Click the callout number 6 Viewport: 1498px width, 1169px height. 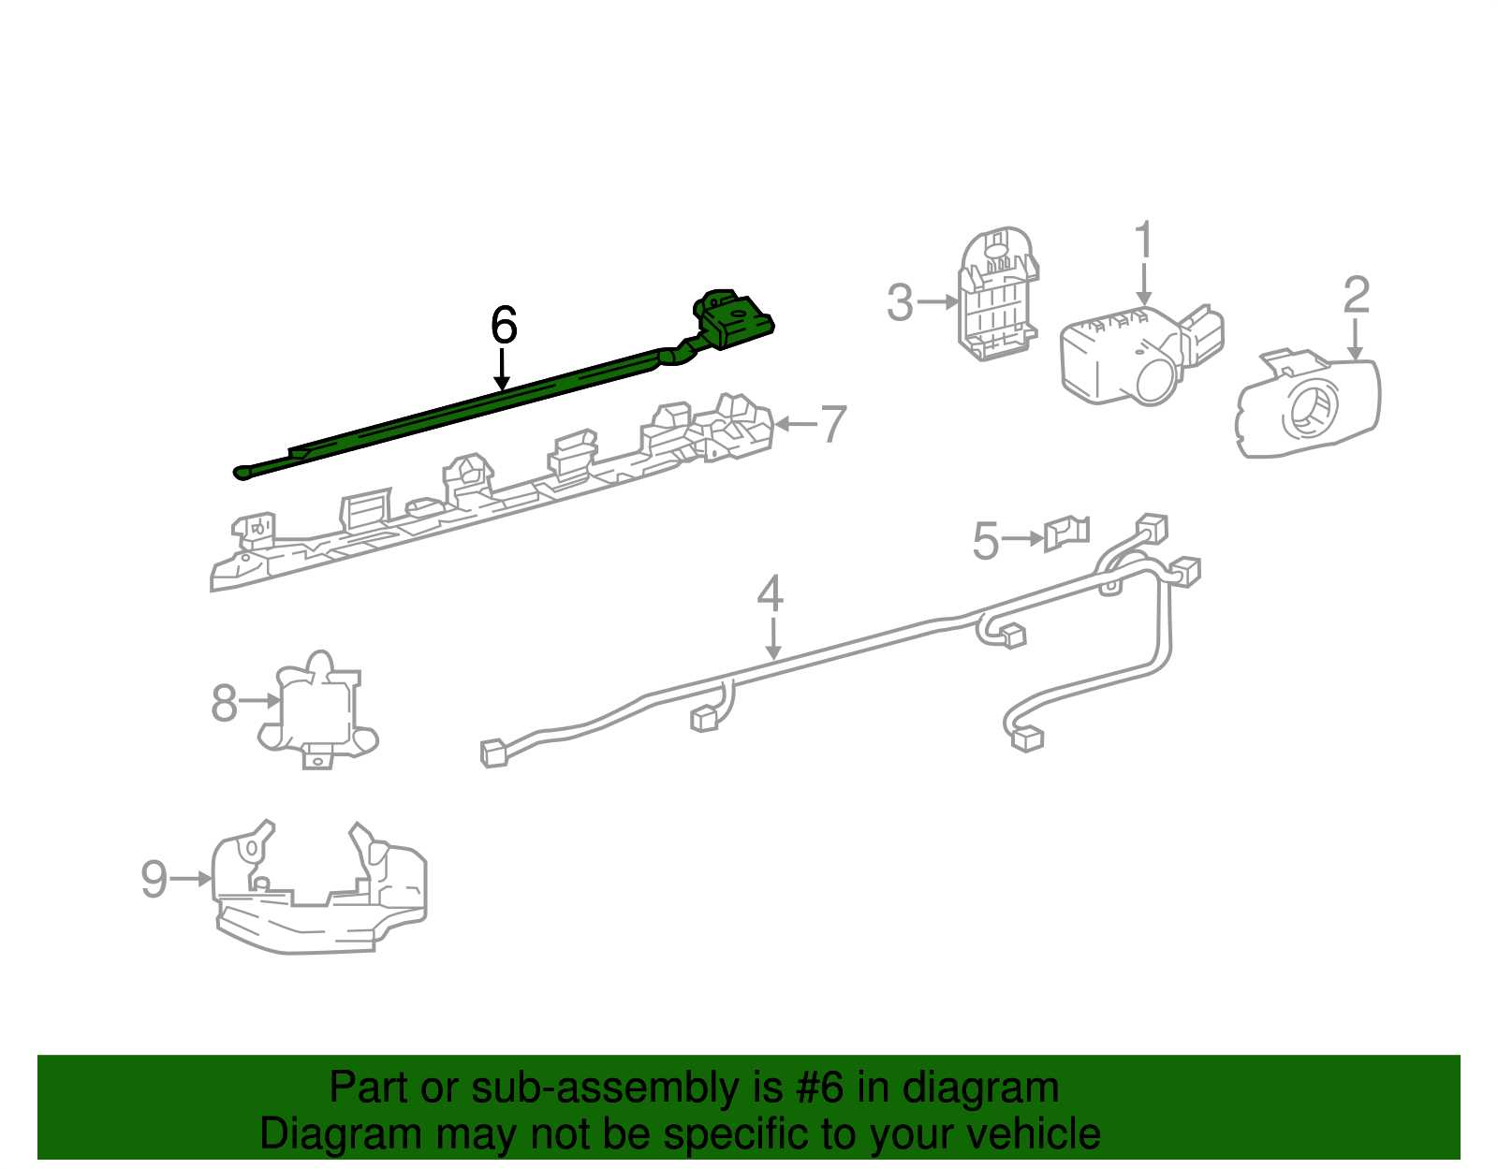pos(504,325)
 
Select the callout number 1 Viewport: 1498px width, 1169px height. pos(1144,240)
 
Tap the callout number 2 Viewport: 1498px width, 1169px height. pos(1356,295)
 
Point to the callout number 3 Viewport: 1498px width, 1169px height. pos(900,302)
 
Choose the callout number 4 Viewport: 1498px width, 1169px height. pos(770,593)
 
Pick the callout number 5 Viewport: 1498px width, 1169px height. pos(985,541)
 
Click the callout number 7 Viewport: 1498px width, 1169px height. pos(832,424)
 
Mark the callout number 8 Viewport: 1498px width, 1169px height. pos(224,703)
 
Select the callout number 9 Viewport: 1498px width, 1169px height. pos(154,879)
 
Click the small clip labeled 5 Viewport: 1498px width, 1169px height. pos(1066,533)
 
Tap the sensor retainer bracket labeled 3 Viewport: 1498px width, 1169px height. pos(998,294)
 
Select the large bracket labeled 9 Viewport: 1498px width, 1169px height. pos(319,887)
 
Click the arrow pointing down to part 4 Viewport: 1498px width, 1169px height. pos(773,638)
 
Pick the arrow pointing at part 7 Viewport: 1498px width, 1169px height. pos(796,424)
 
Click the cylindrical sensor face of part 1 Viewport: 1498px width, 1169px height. pos(1157,381)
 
